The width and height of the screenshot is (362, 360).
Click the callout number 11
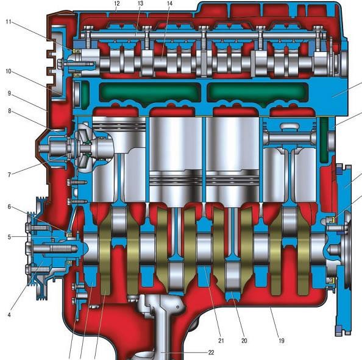tap(9, 22)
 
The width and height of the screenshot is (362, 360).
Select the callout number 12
tap(117, 4)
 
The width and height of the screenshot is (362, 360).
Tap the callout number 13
tap(140, 4)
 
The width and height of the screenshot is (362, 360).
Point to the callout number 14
tap(169, 4)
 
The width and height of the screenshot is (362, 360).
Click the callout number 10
tap(9, 71)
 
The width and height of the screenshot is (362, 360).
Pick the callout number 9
tap(9, 93)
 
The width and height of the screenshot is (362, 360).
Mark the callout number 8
tap(10, 111)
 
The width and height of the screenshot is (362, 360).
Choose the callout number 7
tap(9, 175)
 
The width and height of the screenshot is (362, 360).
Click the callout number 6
tap(9, 206)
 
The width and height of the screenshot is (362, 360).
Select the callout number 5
tap(9, 237)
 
